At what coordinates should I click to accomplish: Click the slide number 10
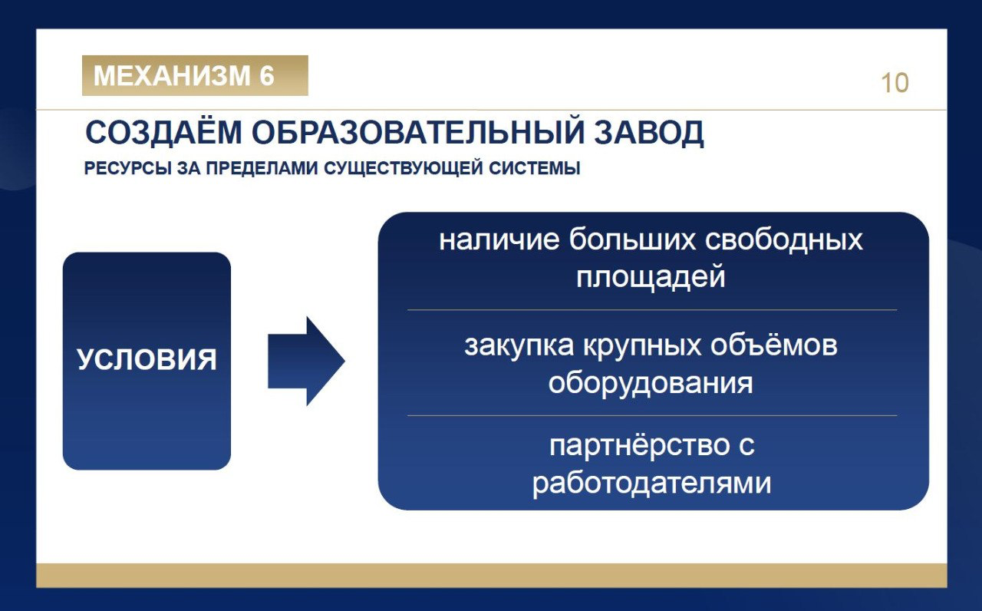tap(895, 83)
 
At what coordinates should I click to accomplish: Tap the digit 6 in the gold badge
tap(266, 75)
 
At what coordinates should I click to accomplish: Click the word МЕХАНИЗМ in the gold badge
tap(172, 75)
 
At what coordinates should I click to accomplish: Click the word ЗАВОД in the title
tap(649, 133)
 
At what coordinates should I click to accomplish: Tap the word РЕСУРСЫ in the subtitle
tap(127, 168)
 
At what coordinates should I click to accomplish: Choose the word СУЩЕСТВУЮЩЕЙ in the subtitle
tap(404, 168)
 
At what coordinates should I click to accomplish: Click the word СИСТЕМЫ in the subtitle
tap(535, 168)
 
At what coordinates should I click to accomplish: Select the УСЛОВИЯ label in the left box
tap(147, 360)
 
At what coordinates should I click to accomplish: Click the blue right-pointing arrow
tap(306, 361)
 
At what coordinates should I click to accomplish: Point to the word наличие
tap(499, 240)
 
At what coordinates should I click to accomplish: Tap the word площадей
tap(651, 277)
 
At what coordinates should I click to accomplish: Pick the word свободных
tap(784, 239)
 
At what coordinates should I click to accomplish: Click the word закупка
tap(519, 345)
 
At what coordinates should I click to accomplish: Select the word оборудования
tap(651, 383)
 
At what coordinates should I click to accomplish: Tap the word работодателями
tap(651, 484)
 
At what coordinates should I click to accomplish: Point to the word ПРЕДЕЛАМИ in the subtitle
tap(262, 168)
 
